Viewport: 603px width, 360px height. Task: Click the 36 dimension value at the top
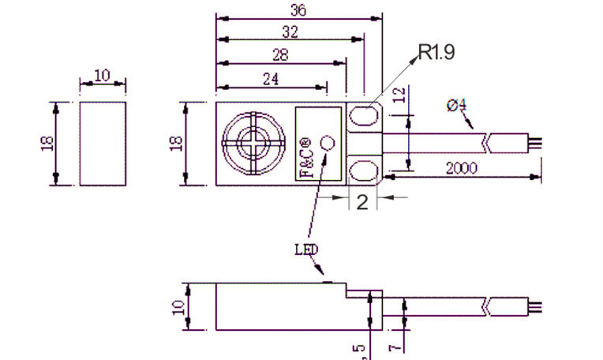click(x=298, y=10)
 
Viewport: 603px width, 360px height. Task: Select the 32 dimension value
click(x=290, y=32)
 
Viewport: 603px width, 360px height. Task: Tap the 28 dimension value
click(x=280, y=54)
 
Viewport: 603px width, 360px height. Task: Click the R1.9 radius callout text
click(x=436, y=53)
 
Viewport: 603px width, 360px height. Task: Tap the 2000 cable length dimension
click(x=461, y=168)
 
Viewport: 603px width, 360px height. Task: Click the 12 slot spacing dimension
click(x=399, y=97)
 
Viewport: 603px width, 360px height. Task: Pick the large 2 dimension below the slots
click(x=362, y=201)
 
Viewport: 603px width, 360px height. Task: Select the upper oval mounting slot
click(x=362, y=118)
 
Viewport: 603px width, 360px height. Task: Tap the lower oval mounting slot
click(x=362, y=170)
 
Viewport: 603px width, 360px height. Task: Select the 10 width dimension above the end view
click(x=102, y=75)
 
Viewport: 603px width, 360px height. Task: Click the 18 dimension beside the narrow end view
click(x=44, y=143)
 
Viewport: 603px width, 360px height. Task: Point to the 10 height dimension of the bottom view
click(x=178, y=306)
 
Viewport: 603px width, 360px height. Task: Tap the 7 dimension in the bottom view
click(x=395, y=345)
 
